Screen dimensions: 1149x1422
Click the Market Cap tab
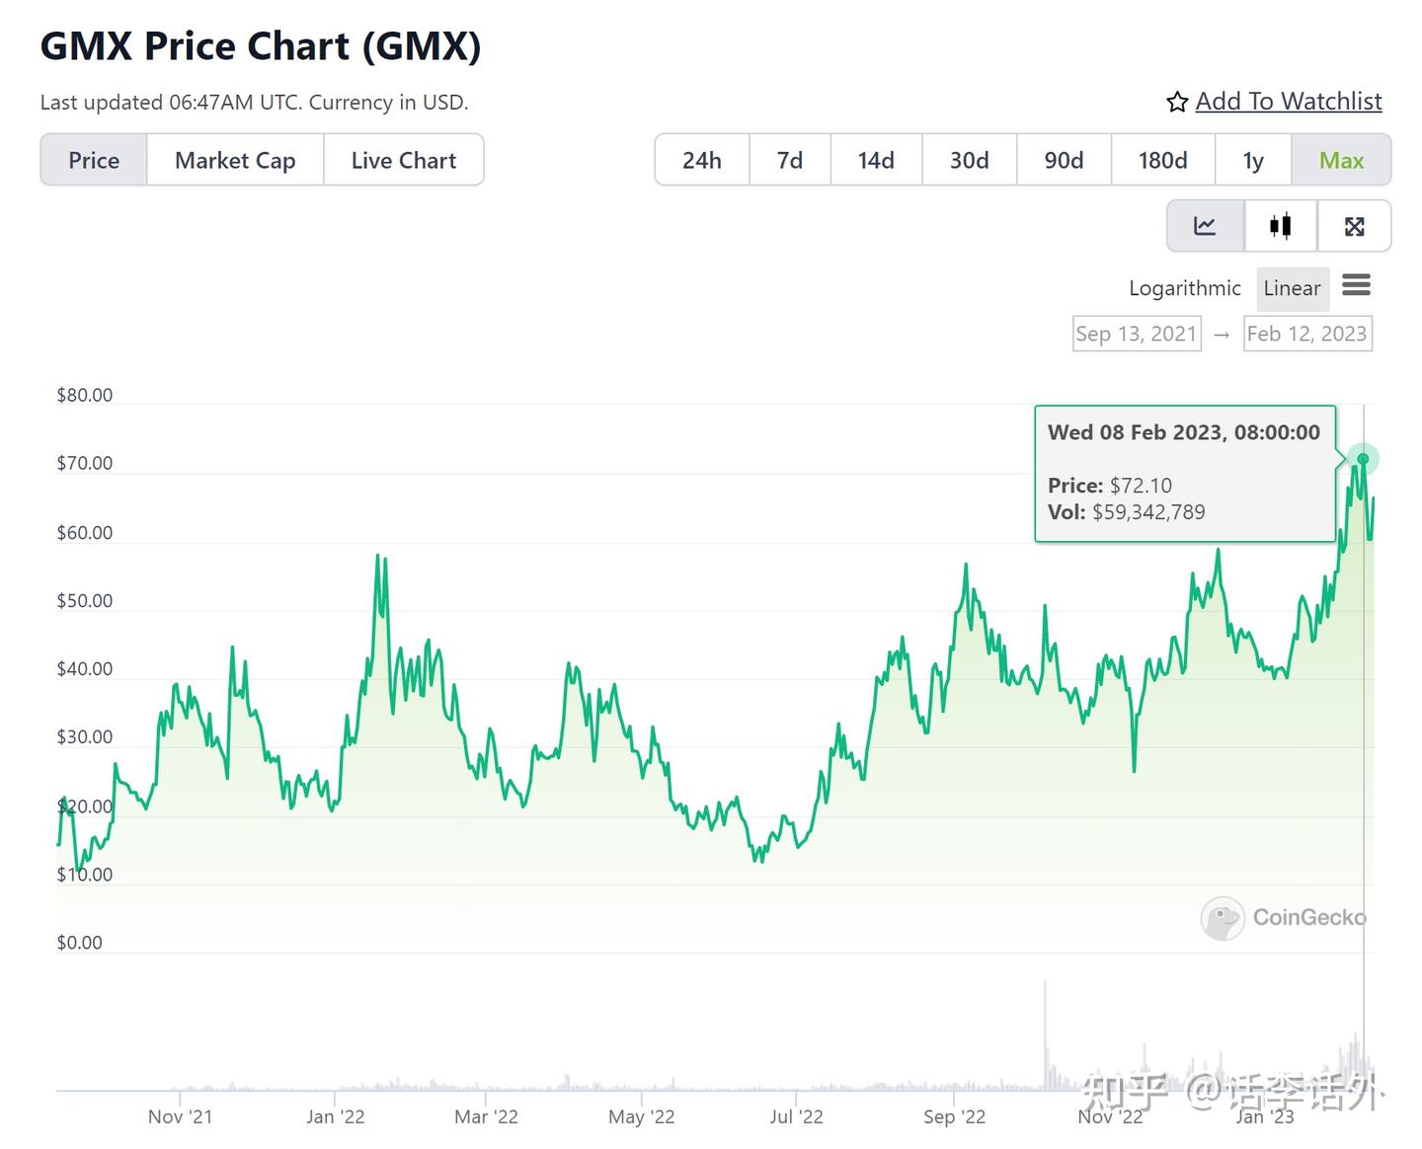(235, 160)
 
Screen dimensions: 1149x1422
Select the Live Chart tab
(403, 160)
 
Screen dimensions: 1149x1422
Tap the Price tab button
(94, 160)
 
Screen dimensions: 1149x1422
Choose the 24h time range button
(701, 160)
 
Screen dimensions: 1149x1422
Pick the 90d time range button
(1064, 160)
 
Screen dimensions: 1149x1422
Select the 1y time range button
(1252, 160)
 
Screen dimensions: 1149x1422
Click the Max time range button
(1341, 160)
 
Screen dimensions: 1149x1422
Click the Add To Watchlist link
(1288, 102)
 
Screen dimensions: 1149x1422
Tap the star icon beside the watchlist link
(1177, 103)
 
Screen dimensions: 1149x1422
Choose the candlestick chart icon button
(1281, 226)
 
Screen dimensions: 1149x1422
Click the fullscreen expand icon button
(1354, 226)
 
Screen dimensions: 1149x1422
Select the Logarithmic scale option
(1184, 288)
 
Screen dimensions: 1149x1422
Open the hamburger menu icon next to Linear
(1356, 286)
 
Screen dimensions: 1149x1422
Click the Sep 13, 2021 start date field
(1137, 334)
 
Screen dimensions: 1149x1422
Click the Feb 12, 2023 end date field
(1306, 334)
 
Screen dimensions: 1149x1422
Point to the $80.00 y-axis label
(85, 395)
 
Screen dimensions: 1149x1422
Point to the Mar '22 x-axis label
(486, 1116)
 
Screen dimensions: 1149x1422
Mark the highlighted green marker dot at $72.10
(1363, 459)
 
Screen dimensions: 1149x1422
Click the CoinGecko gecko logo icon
(1223, 918)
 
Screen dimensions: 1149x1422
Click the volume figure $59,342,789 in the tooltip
(1148, 512)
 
